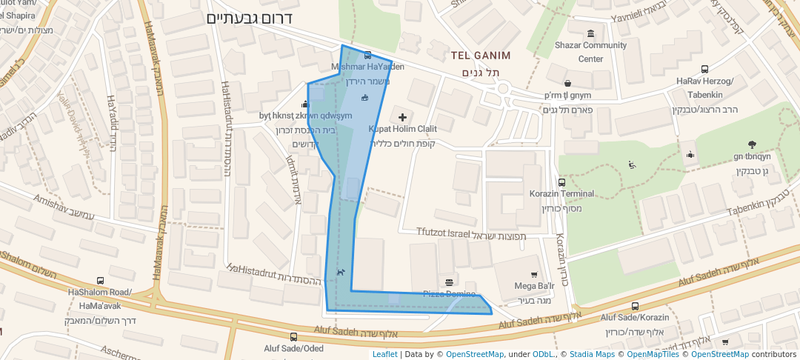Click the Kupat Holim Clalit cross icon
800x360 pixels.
click(402, 117)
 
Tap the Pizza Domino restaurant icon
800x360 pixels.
click(449, 281)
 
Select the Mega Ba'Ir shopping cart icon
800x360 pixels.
click(534, 274)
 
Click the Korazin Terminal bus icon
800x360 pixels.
click(561, 182)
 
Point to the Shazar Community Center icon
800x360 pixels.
click(590, 33)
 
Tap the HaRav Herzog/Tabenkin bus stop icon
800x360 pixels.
click(704, 69)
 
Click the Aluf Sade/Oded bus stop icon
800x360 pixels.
click(293, 337)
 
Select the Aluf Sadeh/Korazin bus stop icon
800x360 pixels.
click(635, 306)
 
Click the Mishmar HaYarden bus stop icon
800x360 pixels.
click(367, 56)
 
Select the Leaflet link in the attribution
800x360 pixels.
click(384, 354)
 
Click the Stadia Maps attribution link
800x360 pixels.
click(590, 354)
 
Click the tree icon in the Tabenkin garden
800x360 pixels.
click(753, 144)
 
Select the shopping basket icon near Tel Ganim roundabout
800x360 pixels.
click(567, 83)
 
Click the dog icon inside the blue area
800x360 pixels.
click(340, 272)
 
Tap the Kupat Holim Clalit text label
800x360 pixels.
click(403, 129)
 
